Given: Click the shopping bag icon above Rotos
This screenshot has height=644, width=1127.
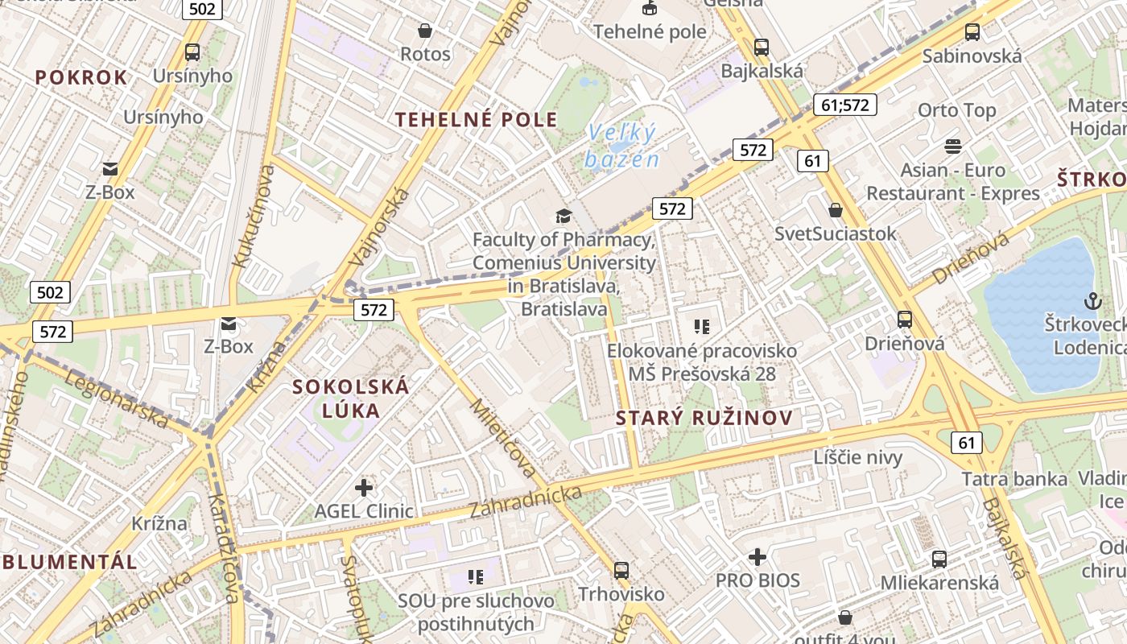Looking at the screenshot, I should point(424,31).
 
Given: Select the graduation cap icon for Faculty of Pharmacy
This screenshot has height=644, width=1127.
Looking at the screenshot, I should point(563,216).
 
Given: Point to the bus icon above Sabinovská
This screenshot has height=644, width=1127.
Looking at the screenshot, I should point(972,32).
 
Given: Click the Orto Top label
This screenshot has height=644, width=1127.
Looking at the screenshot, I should point(956,110).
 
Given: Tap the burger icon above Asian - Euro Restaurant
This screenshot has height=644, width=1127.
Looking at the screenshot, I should point(953,147).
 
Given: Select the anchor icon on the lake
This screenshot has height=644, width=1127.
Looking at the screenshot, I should point(1092,301).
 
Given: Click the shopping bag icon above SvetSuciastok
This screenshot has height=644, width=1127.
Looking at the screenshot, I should point(836,210).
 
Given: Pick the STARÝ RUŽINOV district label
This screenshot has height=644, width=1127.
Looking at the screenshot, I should point(704,418).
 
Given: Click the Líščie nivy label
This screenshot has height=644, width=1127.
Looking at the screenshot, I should point(857,457).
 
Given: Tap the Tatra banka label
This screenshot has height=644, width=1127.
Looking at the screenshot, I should point(1014,479).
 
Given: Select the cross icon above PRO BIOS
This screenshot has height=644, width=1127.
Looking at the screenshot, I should point(758,557).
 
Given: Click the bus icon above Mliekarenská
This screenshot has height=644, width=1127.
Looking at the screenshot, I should point(939,559).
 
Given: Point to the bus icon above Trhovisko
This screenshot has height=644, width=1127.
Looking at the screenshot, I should point(621,571).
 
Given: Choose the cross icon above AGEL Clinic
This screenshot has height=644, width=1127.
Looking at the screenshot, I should point(364,487).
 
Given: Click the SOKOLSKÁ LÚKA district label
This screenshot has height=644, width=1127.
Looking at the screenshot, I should point(351,398).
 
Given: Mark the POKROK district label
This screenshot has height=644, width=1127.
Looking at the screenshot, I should point(81,77).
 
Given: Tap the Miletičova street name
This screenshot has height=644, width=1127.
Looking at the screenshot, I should point(504,437).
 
